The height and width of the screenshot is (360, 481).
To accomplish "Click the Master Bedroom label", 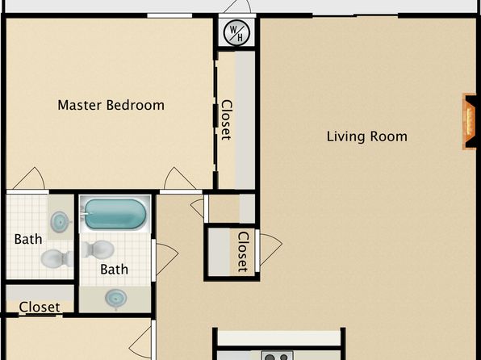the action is click(x=111, y=105).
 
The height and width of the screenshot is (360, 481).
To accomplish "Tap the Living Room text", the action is click(x=367, y=136).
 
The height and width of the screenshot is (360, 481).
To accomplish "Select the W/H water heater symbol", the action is click(x=236, y=32).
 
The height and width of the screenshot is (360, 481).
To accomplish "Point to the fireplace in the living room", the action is click(x=470, y=122).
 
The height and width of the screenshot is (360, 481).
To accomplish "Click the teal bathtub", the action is click(x=115, y=214).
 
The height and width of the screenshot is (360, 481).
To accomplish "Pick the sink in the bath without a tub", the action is click(x=59, y=220).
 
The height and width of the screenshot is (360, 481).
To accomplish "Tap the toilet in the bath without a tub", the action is click(x=56, y=258).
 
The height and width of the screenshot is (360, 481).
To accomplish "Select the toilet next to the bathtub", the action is click(x=97, y=249).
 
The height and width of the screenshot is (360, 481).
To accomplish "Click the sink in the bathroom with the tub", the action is click(x=115, y=299).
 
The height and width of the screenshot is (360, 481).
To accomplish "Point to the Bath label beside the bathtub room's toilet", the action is click(x=114, y=270).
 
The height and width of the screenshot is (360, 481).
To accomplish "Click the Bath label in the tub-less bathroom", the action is click(x=28, y=240).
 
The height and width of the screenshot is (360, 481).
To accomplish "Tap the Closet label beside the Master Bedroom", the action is click(x=227, y=120).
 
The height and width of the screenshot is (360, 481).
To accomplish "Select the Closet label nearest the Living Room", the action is click(x=243, y=252).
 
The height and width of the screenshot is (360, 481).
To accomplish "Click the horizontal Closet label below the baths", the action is click(x=40, y=307).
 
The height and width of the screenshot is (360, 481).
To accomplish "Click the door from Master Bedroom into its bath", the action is click(x=28, y=179).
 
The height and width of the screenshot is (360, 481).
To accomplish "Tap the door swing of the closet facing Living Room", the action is click(x=271, y=249).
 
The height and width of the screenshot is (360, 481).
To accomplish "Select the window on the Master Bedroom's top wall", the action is click(x=169, y=15).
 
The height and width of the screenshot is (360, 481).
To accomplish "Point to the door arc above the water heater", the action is click(x=237, y=6).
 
